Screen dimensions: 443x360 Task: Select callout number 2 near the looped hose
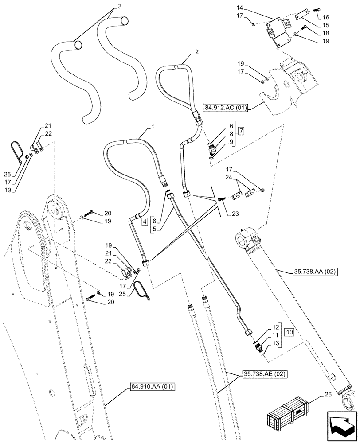[196, 52]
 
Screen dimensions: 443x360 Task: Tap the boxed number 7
[241, 131]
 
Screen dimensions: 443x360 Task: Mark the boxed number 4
[145, 220]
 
